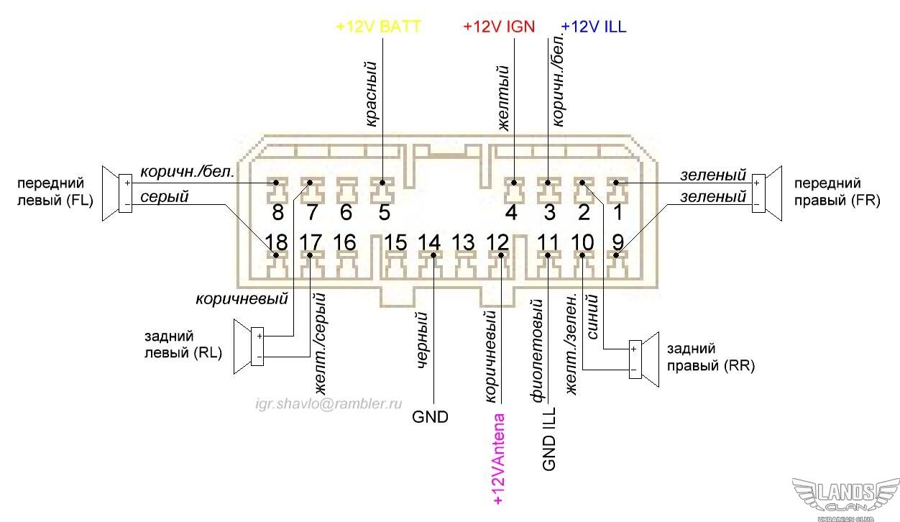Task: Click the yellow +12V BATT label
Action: [x=378, y=27]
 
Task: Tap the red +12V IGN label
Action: [x=499, y=27]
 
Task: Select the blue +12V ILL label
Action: [x=593, y=27]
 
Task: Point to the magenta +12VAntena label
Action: [x=498, y=458]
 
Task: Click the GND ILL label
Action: [x=549, y=442]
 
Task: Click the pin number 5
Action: [x=383, y=213]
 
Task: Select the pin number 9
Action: [x=617, y=242]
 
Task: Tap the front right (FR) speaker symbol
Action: [x=766, y=193]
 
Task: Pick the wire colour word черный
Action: [x=423, y=339]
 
